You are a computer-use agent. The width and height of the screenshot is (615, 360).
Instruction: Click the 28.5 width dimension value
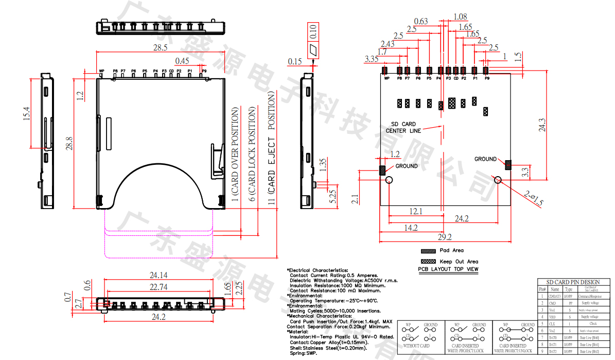point(160,47)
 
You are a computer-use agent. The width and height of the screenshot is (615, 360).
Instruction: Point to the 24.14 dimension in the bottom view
point(159,275)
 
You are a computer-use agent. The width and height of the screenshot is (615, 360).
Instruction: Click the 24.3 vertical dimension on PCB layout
point(542,125)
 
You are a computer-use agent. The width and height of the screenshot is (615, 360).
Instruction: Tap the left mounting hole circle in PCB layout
point(390,180)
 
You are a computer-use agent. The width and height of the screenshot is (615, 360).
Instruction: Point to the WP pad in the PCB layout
point(384,71)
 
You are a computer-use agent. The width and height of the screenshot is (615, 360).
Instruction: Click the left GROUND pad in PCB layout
point(382,170)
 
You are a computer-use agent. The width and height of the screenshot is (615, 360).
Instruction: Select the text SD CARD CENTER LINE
point(403,128)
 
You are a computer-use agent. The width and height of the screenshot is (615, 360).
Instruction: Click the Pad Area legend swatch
point(428,251)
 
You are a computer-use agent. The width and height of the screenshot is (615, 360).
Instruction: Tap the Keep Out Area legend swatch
point(428,261)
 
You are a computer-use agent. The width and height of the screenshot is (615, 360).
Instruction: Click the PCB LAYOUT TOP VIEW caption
point(448,269)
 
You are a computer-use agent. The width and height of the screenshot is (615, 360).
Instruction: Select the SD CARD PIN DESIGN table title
point(575,282)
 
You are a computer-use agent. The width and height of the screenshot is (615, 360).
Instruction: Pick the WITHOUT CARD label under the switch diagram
point(416,346)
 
